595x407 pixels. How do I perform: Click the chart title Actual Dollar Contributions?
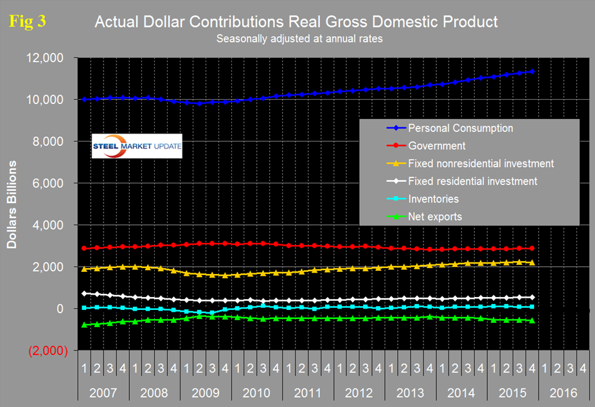[296, 22]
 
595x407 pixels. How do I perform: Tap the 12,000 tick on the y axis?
[45, 58]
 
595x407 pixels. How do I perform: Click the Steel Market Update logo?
[137, 146]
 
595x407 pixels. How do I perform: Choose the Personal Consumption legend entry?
[460, 128]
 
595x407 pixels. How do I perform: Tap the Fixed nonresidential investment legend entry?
[481, 163]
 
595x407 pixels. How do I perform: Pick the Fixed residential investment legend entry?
[472, 181]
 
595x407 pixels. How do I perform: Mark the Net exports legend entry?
[434, 217]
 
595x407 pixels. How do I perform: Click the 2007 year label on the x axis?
[103, 392]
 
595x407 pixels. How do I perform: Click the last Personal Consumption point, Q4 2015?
[532, 71]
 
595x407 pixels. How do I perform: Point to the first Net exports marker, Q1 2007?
[84, 325]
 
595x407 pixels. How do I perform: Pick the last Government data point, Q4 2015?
[532, 248]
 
